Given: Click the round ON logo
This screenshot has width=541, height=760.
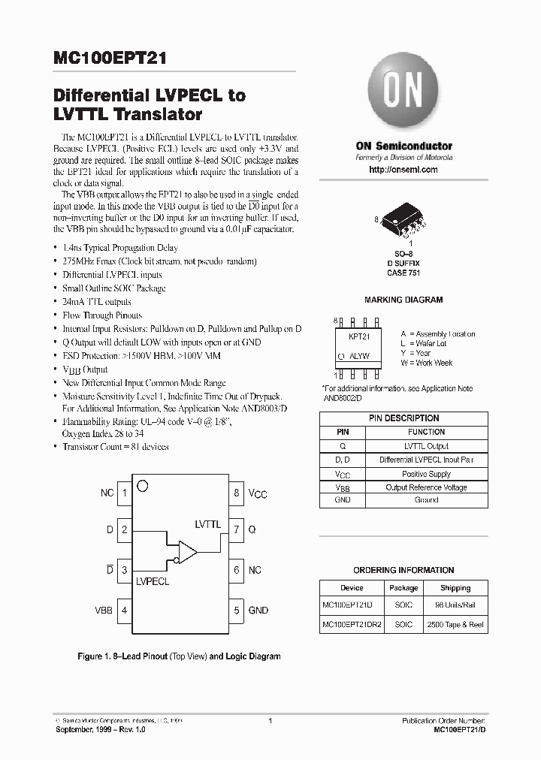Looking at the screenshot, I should [x=403, y=91].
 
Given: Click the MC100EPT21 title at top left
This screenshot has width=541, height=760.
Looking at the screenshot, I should [x=110, y=59].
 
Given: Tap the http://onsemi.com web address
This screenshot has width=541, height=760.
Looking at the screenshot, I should [x=403, y=170].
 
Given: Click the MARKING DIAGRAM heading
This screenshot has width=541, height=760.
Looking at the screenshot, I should [x=403, y=300].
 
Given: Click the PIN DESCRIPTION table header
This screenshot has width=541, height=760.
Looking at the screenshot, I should [x=403, y=418].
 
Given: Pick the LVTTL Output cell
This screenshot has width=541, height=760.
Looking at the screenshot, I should [x=426, y=446].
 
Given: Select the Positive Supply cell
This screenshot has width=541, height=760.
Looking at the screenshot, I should [x=426, y=474].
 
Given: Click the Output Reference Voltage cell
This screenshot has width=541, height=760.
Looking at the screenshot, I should [x=426, y=487].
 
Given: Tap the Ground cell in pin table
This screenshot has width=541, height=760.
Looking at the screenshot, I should [x=426, y=500].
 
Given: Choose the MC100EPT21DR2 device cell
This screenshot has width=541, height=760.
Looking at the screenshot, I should [x=352, y=625].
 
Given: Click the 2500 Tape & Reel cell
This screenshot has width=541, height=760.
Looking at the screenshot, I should [x=455, y=625].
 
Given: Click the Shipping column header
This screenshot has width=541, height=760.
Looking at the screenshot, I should [x=455, y=588].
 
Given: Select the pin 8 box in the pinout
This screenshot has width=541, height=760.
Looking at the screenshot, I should [x=237, y=493].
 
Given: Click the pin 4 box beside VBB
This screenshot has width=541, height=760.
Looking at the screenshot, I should [x=124, y=611].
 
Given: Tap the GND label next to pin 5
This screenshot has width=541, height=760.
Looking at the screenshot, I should [x=258, y=611].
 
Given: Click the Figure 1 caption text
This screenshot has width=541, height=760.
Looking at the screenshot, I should [x=179, y=656].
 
